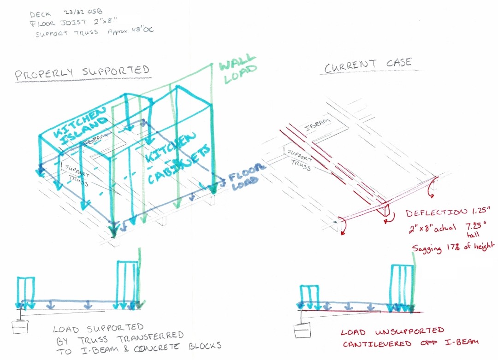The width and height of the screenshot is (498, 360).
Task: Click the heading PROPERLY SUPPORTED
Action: pyautogui.click(x=82, y=72)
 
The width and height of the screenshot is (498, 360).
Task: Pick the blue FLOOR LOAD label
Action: pyautogui.click(x=247, y=176)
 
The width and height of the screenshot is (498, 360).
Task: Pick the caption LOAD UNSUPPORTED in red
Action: pyautogui.click(x=393, y=331)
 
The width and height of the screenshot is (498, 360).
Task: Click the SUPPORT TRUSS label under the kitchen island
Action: pyautogui.click(x=74, y=172)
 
